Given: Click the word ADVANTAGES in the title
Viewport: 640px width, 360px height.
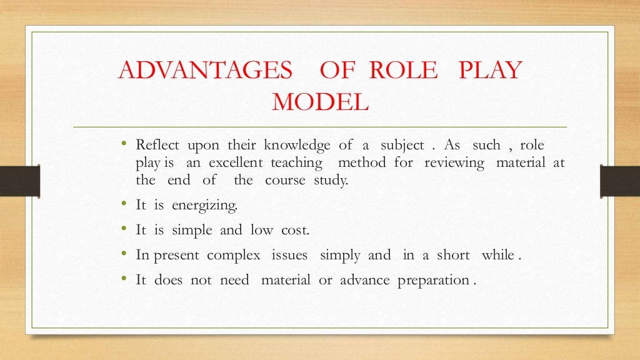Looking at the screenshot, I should point(206,71).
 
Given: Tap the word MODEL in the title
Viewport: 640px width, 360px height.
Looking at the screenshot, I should point(320,102).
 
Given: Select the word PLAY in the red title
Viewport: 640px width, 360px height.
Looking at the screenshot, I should point(489,71).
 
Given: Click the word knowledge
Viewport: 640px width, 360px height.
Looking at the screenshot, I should point(297,146).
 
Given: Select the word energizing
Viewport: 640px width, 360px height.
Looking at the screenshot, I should point(206,206).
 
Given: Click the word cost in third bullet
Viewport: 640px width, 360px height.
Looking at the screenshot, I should point(294,230).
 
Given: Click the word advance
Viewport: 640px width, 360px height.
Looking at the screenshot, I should point(365,280).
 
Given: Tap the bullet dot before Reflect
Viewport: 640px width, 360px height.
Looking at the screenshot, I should point(124,145).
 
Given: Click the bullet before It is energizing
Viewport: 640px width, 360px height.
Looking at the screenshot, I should point(124,204).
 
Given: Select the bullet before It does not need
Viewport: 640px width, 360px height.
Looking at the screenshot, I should point(124,279).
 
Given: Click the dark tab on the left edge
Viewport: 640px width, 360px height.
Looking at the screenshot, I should point(19,181).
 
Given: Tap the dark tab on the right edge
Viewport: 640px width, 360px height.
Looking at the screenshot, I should point(619,181).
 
